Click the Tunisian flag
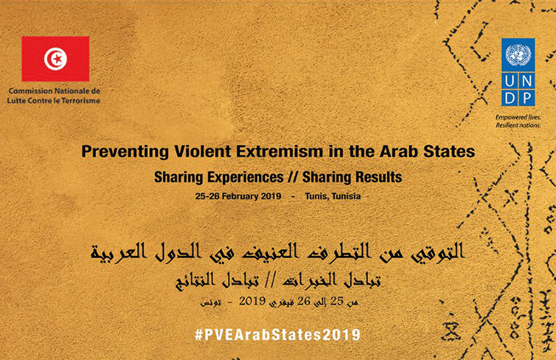56,59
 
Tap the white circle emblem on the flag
56,59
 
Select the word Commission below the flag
30,91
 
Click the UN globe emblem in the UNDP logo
518,54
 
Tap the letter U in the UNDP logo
510,82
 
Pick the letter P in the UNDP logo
526,97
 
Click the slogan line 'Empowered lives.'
518,118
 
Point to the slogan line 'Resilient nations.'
518,126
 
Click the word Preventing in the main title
125,152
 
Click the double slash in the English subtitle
293,177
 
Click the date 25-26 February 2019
238,196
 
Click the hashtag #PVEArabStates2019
278,335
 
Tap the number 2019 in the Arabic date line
252,301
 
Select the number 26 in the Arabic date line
304,301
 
